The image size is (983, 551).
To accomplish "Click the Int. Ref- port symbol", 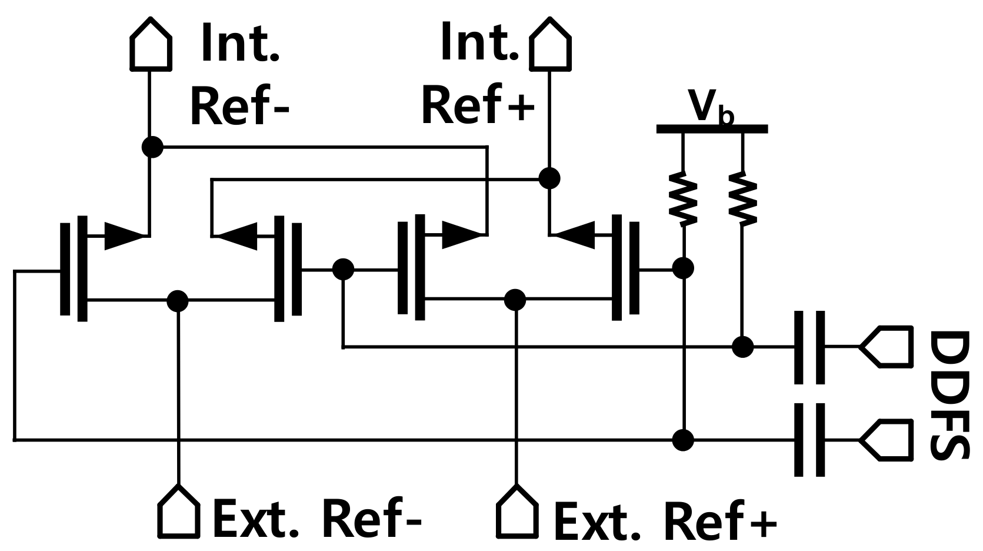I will pyautogui.click(x=151, y=45).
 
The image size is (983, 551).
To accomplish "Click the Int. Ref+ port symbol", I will pyautogui.click(x=551, y=45).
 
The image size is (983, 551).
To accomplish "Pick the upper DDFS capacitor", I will pyautogui.click(x=809, y=347).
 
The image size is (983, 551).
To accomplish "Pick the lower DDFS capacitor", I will pyautogui.click(x=809, y=439).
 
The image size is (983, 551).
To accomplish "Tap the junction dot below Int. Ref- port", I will pyautogui.click(x=152, y=147).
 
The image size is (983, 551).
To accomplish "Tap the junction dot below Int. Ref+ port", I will pyautogui.click(x=549, y=178).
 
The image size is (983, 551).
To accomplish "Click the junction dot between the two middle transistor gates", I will pyautogui.click(x=343, y=270).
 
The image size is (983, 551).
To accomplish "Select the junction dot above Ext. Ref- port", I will pyautogui.click(x=178, y=300).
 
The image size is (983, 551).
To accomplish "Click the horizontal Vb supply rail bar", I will pyautogui.click(x=712, y=129).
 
